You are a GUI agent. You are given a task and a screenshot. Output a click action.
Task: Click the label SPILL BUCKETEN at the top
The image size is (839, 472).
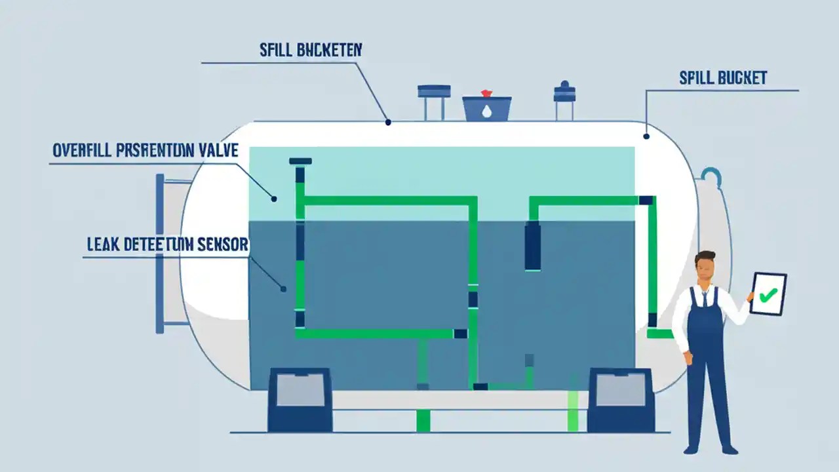click(311, 50)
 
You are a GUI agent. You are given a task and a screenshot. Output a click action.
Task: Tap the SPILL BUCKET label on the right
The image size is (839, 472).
click(723, 78)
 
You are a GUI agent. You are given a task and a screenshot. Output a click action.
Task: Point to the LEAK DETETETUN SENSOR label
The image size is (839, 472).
click(168, 245)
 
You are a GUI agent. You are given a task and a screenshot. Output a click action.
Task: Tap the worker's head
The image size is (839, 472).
click(705, 267)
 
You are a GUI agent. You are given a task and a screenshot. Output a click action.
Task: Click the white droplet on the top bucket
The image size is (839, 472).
click(486, 111)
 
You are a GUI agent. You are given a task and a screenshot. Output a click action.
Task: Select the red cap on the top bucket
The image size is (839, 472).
click(486, 94)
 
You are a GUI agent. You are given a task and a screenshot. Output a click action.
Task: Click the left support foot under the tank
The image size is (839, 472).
click(300, 400)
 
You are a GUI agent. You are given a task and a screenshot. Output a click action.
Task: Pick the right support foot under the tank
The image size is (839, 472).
click(620, 400)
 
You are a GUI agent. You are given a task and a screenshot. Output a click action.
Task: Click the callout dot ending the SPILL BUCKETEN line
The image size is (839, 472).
click(388, 122)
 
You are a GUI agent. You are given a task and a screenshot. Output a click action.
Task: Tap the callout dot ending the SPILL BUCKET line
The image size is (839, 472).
click(646, 136)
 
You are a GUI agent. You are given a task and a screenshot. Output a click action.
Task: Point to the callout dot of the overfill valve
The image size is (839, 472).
click(274, 198)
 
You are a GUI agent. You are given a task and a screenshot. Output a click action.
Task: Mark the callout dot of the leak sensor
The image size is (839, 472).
click(283, 288)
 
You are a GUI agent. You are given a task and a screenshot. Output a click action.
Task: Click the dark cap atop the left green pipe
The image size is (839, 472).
click(300, 161)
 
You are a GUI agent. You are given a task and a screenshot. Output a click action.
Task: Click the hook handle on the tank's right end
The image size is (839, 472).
click(711, 176)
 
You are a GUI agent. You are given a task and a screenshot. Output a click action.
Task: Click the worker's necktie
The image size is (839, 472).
click(705, 298)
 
